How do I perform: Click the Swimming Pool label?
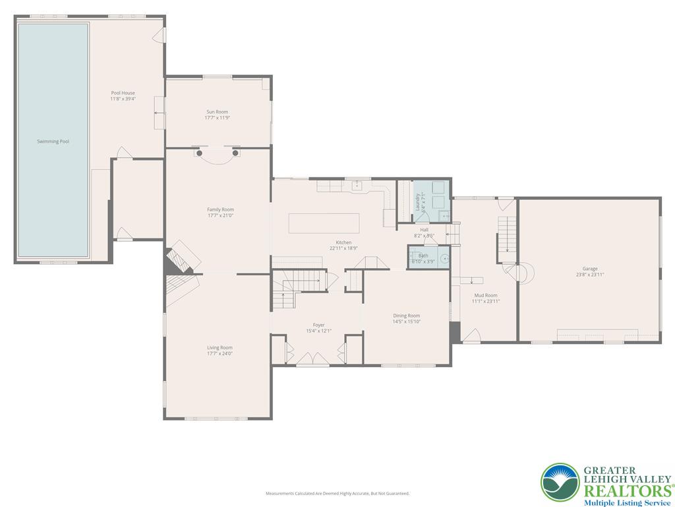53,141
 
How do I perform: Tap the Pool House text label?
123,93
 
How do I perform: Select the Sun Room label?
218,112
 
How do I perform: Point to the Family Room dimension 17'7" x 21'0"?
220,215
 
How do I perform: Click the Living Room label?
220,348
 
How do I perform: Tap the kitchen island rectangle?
324,223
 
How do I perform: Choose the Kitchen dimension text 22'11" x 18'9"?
343,248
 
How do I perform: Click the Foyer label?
318,325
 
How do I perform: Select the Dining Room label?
406,316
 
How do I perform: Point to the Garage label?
589,269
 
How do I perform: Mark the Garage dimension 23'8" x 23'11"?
589,274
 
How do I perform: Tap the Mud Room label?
485,295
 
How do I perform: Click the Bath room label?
423,255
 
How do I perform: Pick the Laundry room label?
417,200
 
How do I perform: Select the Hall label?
424,230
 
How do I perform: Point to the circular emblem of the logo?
560,481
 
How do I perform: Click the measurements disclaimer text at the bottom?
337,493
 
